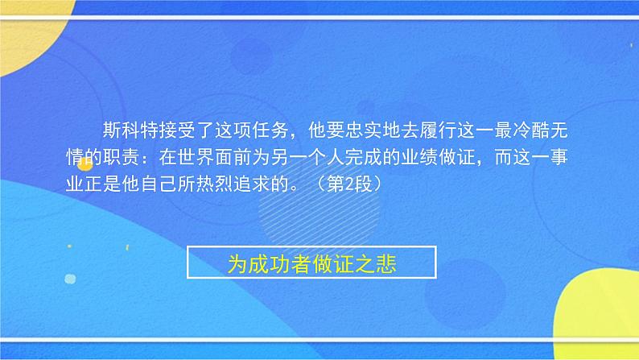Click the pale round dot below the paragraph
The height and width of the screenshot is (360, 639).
pos(70,279)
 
